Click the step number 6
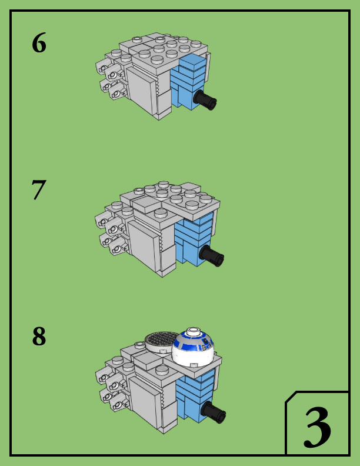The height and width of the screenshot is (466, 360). point(39,43)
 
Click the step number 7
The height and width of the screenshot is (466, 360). point(39,189)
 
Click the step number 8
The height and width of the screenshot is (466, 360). point(39,336)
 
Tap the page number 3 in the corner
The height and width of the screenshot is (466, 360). point(317,427)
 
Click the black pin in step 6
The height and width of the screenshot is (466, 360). point(205,100)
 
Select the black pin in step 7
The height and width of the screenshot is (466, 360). point(212,256)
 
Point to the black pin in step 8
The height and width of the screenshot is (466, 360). point(213,412)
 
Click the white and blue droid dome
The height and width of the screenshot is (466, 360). point(192,347)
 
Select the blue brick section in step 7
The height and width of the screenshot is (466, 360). point(194,239)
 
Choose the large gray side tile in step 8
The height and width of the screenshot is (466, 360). point(145,402)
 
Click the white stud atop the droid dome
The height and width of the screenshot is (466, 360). point(193,331)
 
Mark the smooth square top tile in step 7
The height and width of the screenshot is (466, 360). point(146,205)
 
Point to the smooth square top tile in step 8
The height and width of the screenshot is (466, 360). point(148,361)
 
